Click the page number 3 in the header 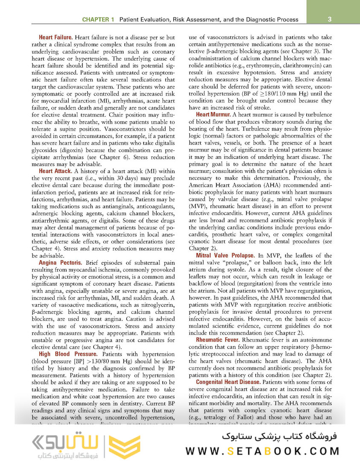tap(330, 19)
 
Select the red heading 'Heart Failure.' tap(55, 38)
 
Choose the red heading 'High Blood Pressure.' tap(68, 354)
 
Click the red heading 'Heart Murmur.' tap(213, 114)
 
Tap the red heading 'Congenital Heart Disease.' tap(228, 382)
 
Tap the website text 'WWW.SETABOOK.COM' tap(262, 451)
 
